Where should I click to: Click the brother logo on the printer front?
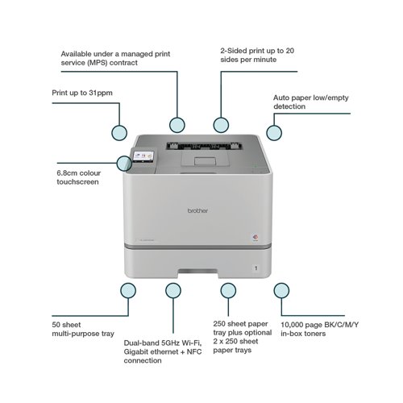point(197,210)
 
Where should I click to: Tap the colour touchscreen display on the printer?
point(143,156)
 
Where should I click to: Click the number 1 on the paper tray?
point(256,268)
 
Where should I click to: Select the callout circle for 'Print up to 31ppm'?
point(119,133)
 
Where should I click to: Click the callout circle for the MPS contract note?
point(177,125)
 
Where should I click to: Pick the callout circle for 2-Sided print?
point(221,125)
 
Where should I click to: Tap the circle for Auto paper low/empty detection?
point(274,133)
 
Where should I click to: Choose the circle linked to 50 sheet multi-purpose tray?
point(128,290)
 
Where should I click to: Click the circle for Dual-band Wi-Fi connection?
point(173,290)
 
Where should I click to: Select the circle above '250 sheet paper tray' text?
point(228,290)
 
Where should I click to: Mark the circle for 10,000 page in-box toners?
point(281,290)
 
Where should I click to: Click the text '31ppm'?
point(101,93)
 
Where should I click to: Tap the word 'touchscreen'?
point(77,182)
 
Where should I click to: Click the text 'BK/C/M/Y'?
point(341,325)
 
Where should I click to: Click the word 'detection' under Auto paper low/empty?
point(289,106)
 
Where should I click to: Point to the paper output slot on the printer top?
point(204,146)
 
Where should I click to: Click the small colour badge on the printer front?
point(256,237)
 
